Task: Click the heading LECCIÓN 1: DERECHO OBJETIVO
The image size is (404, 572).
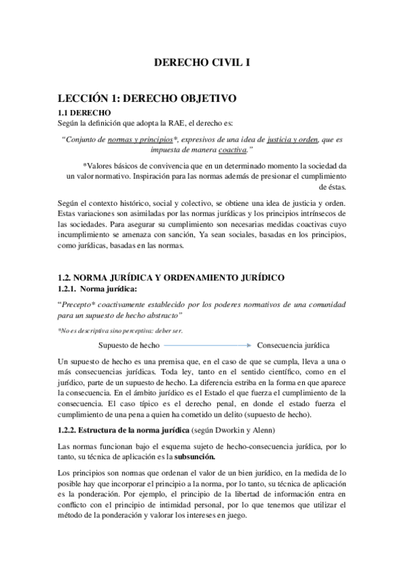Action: tap(146, 98)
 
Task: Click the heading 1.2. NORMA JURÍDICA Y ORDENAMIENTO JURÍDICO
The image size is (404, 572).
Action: tap(171, 277)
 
